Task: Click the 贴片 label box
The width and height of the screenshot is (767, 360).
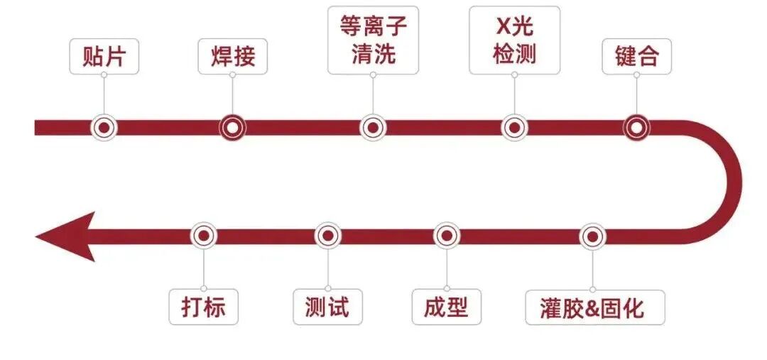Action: (104, 56)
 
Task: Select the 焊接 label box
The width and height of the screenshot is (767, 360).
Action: (232, 56)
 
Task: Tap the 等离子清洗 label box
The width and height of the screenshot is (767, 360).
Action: (374, 40)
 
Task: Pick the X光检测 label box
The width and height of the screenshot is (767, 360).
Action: (514, 40)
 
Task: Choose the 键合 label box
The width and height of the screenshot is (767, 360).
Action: (636, 56)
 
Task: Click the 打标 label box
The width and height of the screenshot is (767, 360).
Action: (203, 307)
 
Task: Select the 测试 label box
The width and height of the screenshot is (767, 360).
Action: (327, 307)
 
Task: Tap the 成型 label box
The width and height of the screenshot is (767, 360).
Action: (446, 307)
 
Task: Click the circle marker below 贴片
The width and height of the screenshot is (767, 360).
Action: (104, 128)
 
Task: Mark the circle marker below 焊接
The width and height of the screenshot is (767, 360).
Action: (232, 128)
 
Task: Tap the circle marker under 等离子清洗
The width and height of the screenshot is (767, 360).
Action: (373, 128)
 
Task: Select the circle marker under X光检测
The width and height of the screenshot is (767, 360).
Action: (514, 128)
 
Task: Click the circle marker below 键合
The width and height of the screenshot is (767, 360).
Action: (636, 128)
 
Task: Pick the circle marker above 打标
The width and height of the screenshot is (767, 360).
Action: (204, 236)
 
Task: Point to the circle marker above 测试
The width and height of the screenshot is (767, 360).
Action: (327, 236)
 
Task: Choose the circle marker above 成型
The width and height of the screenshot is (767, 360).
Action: (446, 236)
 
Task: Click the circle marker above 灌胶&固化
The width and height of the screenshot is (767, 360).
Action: (592, 236)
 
